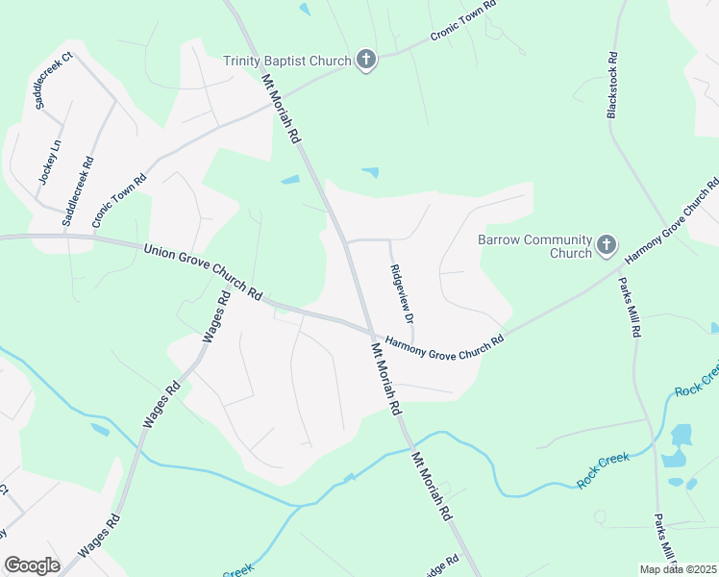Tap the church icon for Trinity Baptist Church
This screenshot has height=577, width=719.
365,61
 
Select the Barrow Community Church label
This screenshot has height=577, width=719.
534,246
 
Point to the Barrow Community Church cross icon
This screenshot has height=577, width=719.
607,245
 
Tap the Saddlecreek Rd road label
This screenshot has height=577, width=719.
78,191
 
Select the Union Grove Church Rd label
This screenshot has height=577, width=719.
203,270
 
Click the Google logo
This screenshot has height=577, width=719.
32,564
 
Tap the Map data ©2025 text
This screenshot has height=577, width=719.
678,569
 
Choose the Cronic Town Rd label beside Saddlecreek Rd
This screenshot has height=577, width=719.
119,199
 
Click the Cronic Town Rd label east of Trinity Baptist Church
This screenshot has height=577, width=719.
462,19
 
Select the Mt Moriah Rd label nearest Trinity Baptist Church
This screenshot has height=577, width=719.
282,111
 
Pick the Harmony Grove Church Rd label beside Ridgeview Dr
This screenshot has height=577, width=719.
444,342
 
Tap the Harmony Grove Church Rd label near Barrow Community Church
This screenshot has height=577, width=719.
671,222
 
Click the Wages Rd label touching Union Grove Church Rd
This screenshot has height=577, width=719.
215,317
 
